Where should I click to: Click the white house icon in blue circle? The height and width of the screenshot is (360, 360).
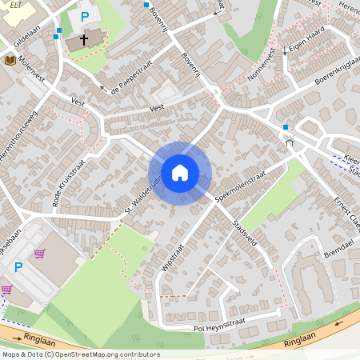pyautogui.click(x=180, y=173)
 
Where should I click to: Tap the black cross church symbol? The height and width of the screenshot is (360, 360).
pyautogui.click(x=83, y=38)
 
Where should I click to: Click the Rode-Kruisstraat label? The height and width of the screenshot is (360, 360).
pyautogui.click(x=67, y=183)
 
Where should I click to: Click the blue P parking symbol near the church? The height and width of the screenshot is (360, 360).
pyautogui.click(x=85, y=16)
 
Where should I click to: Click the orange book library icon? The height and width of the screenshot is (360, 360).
pyautogui.click(x=10, y=60)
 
